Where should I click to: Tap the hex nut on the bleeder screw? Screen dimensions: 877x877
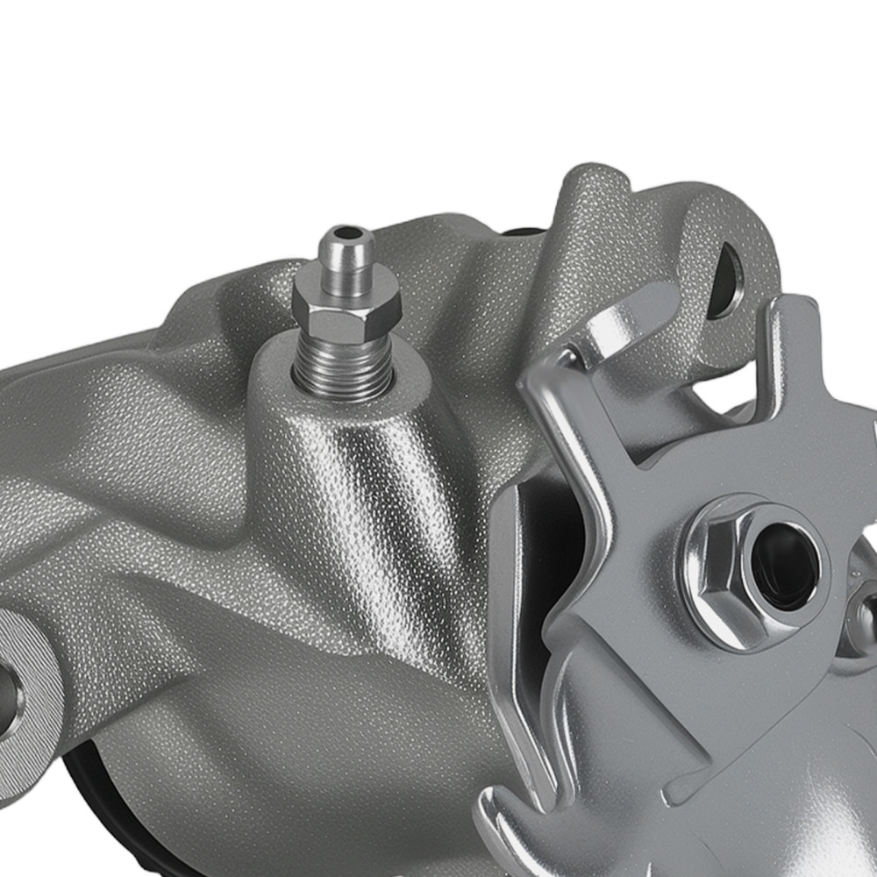click(x=346, y=303)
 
